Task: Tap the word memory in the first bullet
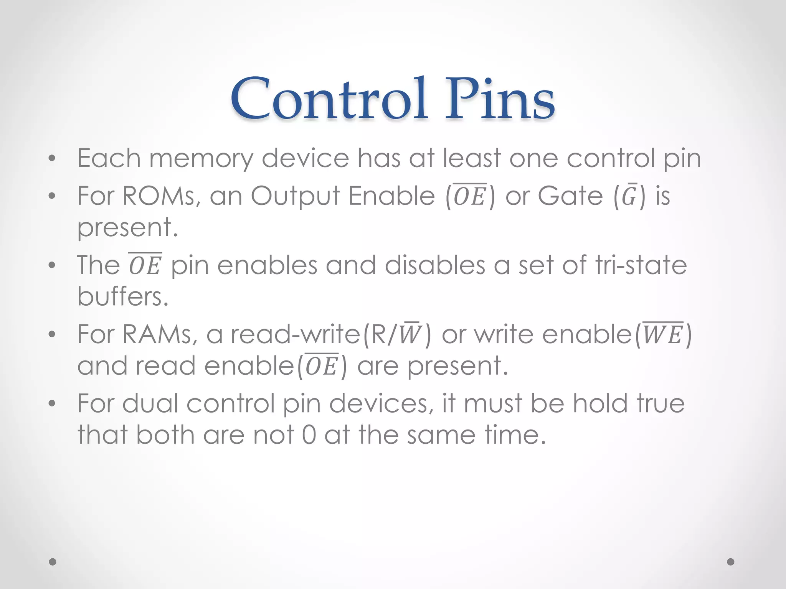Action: pyautogui.click(x=201, y=158)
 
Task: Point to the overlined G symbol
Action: pyautogui.click(x=629, y=196)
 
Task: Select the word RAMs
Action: pyautogui.click(x=157, y=334)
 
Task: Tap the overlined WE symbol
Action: pyautogui.click(x=663, y=334)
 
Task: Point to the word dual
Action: pyautogui.click(x=150, y=403)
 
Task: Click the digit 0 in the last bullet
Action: pyautogui.click(x=309, y=435)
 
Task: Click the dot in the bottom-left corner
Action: pyautogui.click(x=53, y=562)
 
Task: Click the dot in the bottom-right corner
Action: pyautogui.click(x=731, y=562)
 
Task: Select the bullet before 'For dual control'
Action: pyautogui.click(x=52, y=404)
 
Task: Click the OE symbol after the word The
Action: pyautogui.click(x=145, y=265)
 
